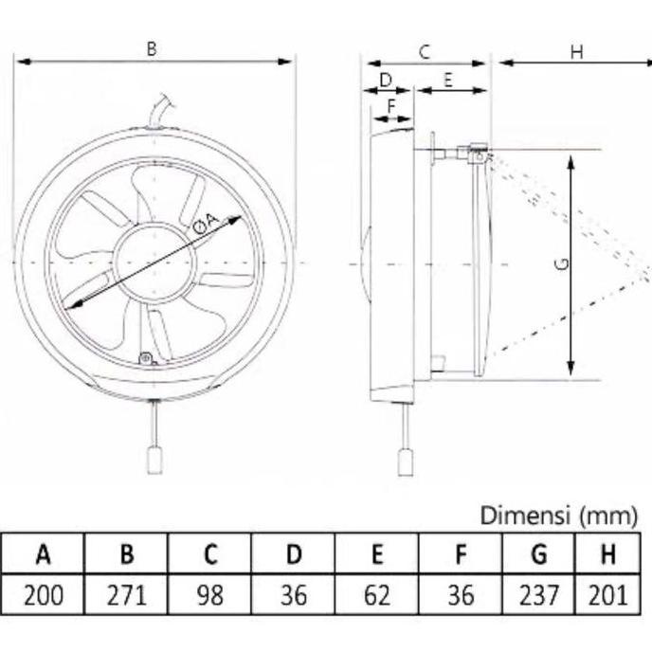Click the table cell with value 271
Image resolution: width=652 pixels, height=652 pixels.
(126, 594)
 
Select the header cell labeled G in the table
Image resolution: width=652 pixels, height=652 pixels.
(539, 553)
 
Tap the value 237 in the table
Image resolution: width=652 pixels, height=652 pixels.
(539, 594)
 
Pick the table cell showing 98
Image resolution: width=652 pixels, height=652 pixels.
(209, 594)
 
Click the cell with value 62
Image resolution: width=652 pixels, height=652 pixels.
(376, 594)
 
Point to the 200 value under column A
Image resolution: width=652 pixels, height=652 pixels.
(43, 594)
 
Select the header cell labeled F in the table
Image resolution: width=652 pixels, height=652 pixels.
(460, 553)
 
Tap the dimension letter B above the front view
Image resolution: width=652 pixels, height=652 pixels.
(152, 47)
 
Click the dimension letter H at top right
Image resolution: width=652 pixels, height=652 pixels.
(576, 52)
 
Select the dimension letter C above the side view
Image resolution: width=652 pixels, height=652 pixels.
(425, 52)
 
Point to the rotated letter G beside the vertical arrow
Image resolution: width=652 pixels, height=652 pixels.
(561, 265)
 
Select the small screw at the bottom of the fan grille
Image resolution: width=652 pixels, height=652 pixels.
(145, 357)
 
